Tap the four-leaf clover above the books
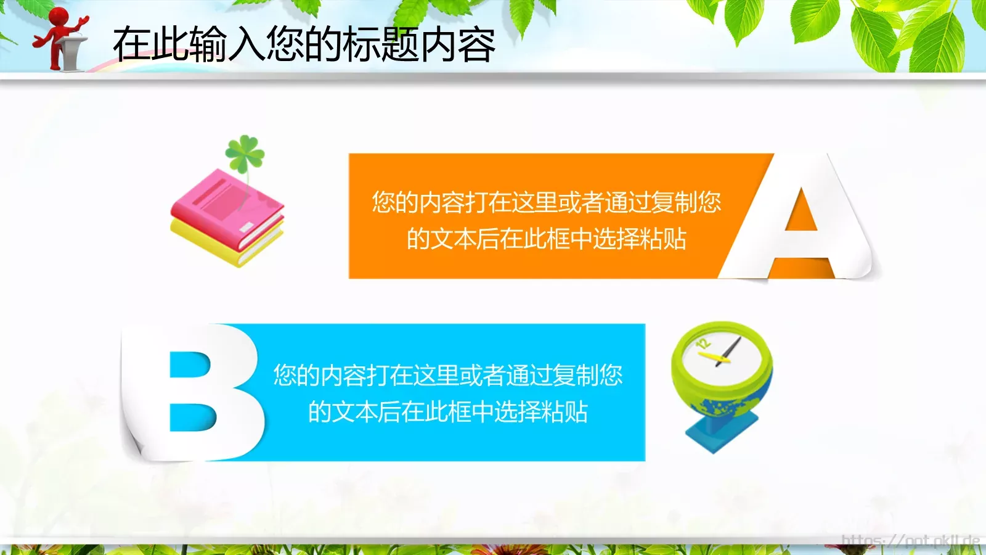[245, 153]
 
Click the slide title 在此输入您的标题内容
[304, 44]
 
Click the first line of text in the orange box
[546, 202]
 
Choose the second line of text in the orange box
[546, 239]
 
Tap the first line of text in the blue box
[447, 375]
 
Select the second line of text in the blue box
[447, 411]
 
